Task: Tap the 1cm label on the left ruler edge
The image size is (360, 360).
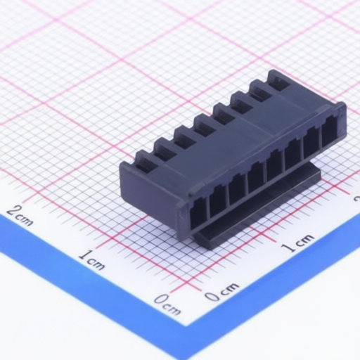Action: [x=91, y=260]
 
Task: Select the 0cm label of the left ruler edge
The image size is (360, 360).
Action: [x=168, y=304]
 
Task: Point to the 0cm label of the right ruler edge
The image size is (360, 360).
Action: [x=221, y=291]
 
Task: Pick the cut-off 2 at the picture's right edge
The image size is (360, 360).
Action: [x=357, y=199]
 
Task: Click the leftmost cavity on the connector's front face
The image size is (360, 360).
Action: [x=198, y=213]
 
